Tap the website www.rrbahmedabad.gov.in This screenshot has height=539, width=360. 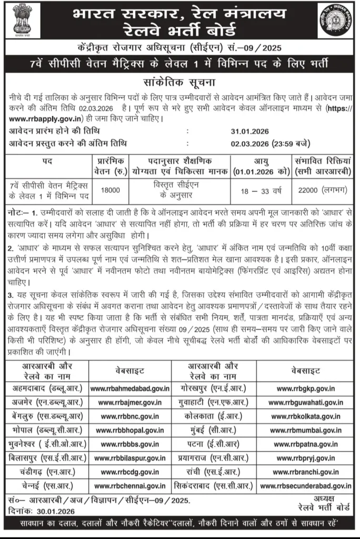pyautogui.click(x=130, y=389)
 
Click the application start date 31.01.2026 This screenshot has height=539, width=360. pyautogui.click(x=232, y=131)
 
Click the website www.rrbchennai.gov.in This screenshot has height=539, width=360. pyautogui.click(x=130, y=485)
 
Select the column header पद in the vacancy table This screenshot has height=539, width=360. pyautogui.click(x=47, y=161)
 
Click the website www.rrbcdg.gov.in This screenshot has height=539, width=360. pyautogui.click(x=130, y=472)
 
